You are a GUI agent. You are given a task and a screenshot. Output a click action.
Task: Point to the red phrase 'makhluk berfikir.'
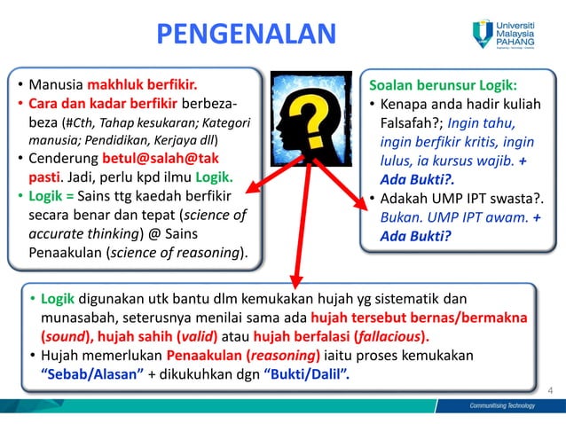click(141, 86)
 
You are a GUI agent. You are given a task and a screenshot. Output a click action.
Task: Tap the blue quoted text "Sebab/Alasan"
click(93, 373)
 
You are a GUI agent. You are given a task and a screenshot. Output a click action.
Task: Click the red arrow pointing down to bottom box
click(295, 239)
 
